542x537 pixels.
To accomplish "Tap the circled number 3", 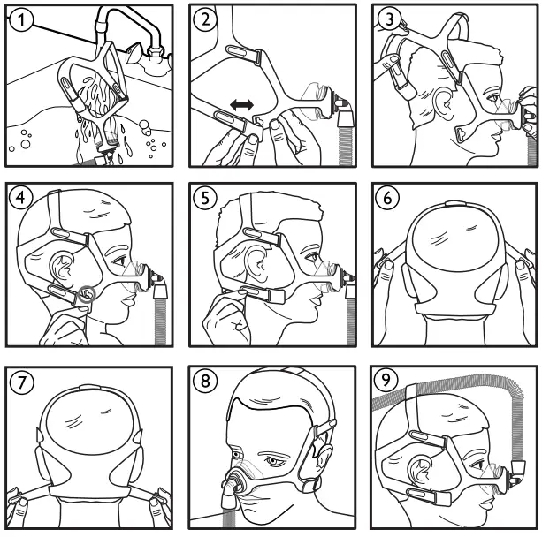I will (x=388, y=19).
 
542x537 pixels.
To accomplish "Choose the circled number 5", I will (x=206, y=200).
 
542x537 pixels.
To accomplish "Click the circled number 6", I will (x=388, y=200).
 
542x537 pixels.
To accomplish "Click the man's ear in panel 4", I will (x=65, y=268).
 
